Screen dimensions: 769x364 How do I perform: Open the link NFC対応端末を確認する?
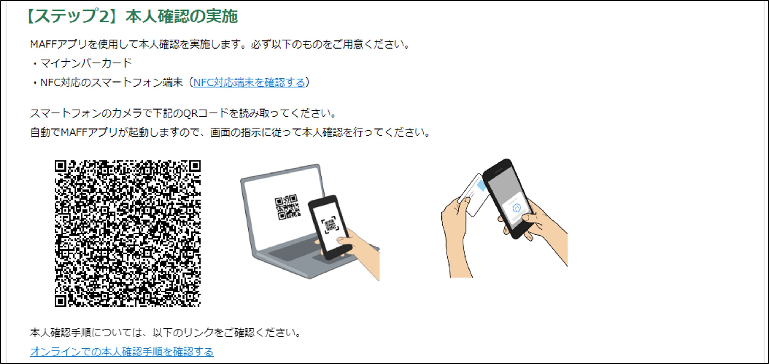coord(249,82)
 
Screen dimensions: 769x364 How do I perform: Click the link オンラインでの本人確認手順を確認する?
coord(122,352)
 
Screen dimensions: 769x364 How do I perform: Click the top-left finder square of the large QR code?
coord(60,166)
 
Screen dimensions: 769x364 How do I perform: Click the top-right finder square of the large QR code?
coord(195,166)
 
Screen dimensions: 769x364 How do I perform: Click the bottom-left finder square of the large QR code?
coord(60,301)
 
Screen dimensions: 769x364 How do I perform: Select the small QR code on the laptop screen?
coord(287,207)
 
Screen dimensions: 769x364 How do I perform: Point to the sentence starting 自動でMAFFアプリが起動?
coord(230,132)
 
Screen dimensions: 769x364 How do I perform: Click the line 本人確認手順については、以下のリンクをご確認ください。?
coord(165,333)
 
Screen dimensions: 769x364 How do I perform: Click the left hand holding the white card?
coord(455,236)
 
